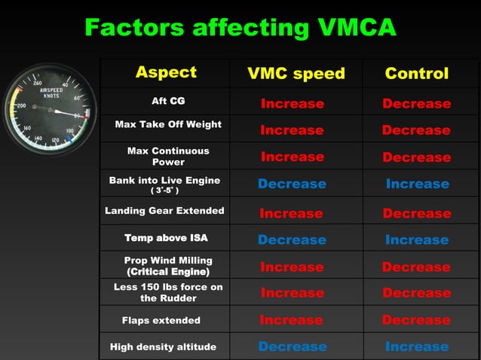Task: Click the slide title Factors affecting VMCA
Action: pos(240,27)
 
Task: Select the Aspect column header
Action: pos(166,72)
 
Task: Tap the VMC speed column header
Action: pos(296,73)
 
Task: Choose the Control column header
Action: pos(416,73)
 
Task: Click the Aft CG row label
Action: pos(168,101)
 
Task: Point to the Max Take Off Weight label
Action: pos(168,124)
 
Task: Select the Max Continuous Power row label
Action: pos(168,156)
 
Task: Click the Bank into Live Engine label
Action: pos(164,184)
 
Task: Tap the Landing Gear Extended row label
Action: pos(164,211)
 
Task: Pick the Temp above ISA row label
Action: pos(166,238)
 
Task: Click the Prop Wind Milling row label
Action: pos(168,265)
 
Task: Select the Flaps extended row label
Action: pos(161,320)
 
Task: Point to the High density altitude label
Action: pos(163,347)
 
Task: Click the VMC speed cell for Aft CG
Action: pos(293,104)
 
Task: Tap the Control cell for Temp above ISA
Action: pos(416,240)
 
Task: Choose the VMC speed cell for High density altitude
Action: pos(293,347)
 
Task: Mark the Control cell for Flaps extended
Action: pos(416,320)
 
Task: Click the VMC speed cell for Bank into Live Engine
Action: pos(293,184)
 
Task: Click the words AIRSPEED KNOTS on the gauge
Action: pos(51,93)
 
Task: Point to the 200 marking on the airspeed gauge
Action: pos(21,106)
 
